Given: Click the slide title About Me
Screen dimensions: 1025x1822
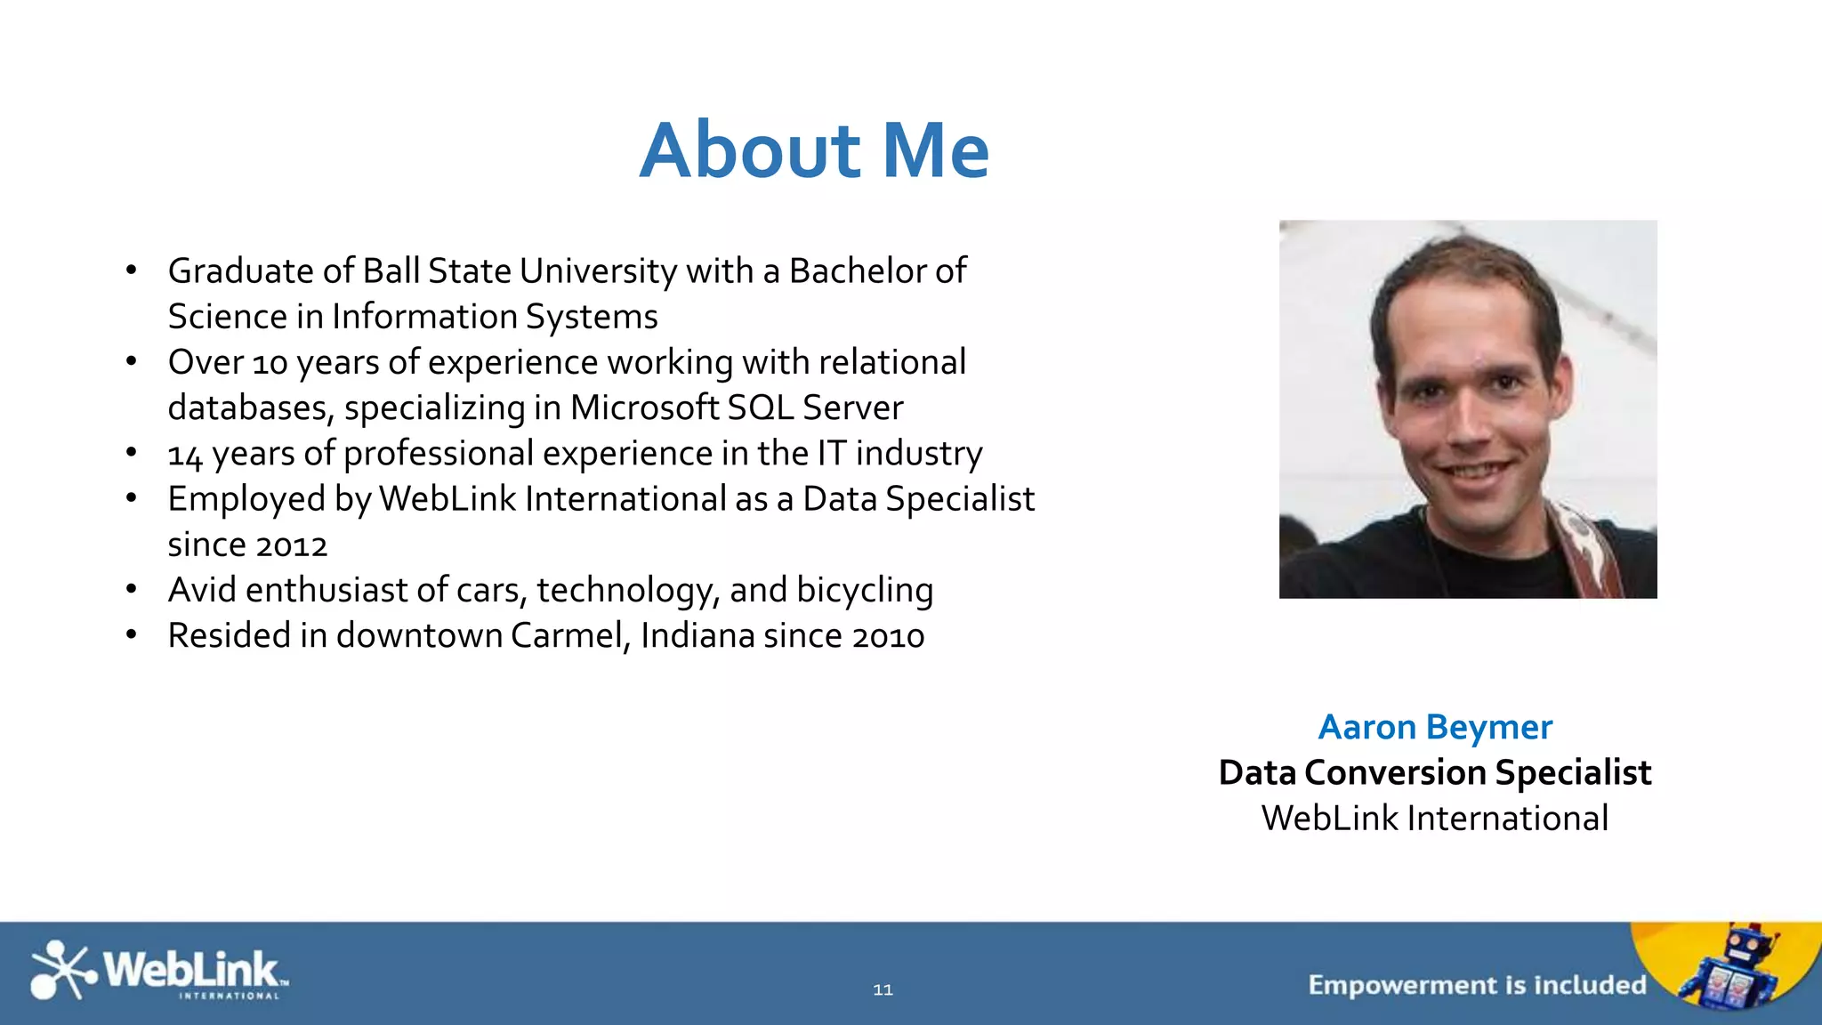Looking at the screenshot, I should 814,149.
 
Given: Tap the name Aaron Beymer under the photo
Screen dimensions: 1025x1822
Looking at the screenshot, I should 1435,727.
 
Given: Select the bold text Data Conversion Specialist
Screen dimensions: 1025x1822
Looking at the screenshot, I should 1435,772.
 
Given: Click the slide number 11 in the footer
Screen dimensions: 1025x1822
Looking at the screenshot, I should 883,989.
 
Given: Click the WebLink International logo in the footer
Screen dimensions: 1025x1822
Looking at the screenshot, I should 158,971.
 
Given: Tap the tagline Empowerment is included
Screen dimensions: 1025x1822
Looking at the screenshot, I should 1477,985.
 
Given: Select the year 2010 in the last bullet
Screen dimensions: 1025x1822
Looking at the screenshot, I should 888,636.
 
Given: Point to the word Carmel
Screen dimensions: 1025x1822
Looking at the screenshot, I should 570,636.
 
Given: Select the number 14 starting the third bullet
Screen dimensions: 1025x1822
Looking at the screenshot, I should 185,455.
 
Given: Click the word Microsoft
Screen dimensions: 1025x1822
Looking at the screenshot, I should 644,408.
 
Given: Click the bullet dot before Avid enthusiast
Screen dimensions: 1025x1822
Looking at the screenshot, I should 132,589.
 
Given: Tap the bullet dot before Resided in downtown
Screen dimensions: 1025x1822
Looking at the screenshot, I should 132,634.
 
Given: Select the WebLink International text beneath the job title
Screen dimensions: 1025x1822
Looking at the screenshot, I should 1435,818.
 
